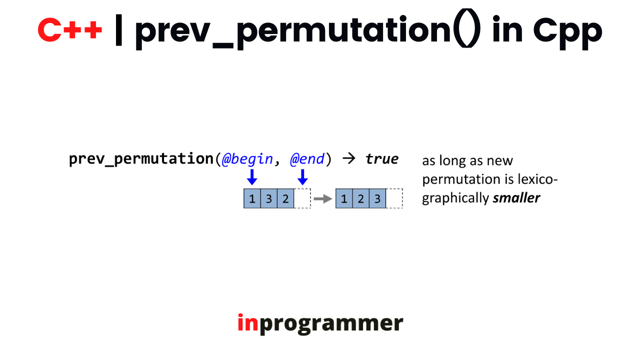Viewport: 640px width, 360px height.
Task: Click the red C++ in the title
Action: tap(69, 29)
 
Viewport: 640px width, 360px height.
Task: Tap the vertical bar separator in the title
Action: tap(118, 29)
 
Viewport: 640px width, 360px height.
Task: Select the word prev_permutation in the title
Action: tap(292, 31)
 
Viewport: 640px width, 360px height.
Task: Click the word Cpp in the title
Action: tap(567, 32)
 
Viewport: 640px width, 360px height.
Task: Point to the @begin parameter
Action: tap(247, 159)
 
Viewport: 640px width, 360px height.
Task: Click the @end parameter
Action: tap(307, 159)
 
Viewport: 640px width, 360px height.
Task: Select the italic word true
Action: tap(382, 159)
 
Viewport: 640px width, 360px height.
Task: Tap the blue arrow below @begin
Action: tap(252, 177)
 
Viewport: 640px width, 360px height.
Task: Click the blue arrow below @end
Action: tap(302, 177)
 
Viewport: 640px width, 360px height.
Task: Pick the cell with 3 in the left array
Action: tap(269, 198)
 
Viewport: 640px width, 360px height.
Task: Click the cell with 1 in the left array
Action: tap(252, 198)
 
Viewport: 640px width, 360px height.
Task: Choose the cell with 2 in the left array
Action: tap(285, 198)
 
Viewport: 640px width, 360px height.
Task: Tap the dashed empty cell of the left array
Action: tap(302, 198)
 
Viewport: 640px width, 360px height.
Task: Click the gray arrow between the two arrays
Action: tap(323, 198)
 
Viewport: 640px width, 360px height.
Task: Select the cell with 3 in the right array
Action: tap(377, 198)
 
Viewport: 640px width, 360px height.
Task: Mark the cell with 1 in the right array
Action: tap(344, 198)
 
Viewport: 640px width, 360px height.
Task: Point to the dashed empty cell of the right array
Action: tap(394, 198)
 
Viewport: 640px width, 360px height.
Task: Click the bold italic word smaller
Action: tap(516, 197)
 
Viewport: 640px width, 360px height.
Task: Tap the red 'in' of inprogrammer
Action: tap(248, 323)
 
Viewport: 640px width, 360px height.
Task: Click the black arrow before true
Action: tap(349, 158)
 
